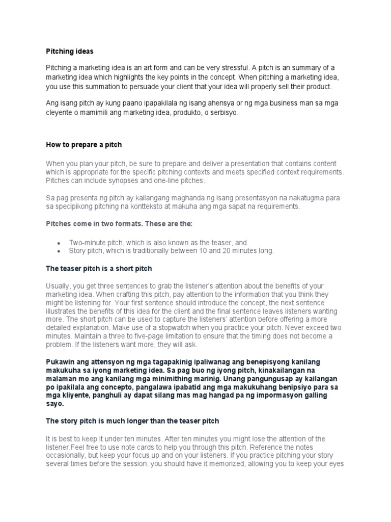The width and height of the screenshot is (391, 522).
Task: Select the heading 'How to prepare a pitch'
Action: (84, 145)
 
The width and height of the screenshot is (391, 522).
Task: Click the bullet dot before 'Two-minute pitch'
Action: (60, 243)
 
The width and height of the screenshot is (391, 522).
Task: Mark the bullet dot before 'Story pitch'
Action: (60, 251)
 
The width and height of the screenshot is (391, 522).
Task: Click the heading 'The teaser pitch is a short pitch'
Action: (99, 268)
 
